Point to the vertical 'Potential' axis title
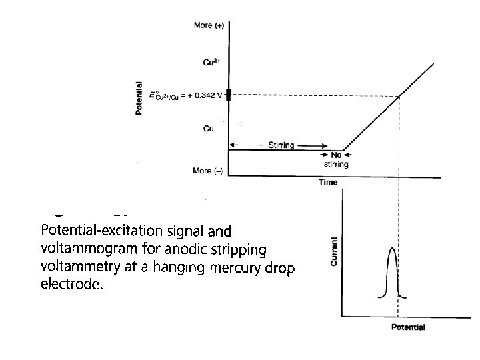[x=139, y=98]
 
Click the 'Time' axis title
[x=328, y=183]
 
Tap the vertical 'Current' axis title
[x=334, y=251]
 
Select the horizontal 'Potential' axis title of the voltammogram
[x=407, y=327]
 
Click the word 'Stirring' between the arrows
[x=281, y=145]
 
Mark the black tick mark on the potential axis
[x=228, y=95]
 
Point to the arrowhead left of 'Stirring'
[x=232, y=145]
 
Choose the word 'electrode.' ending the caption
[x=73, y=285]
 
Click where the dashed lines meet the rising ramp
[x=399, y=95]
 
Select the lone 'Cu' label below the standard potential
[x=209, y=128]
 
